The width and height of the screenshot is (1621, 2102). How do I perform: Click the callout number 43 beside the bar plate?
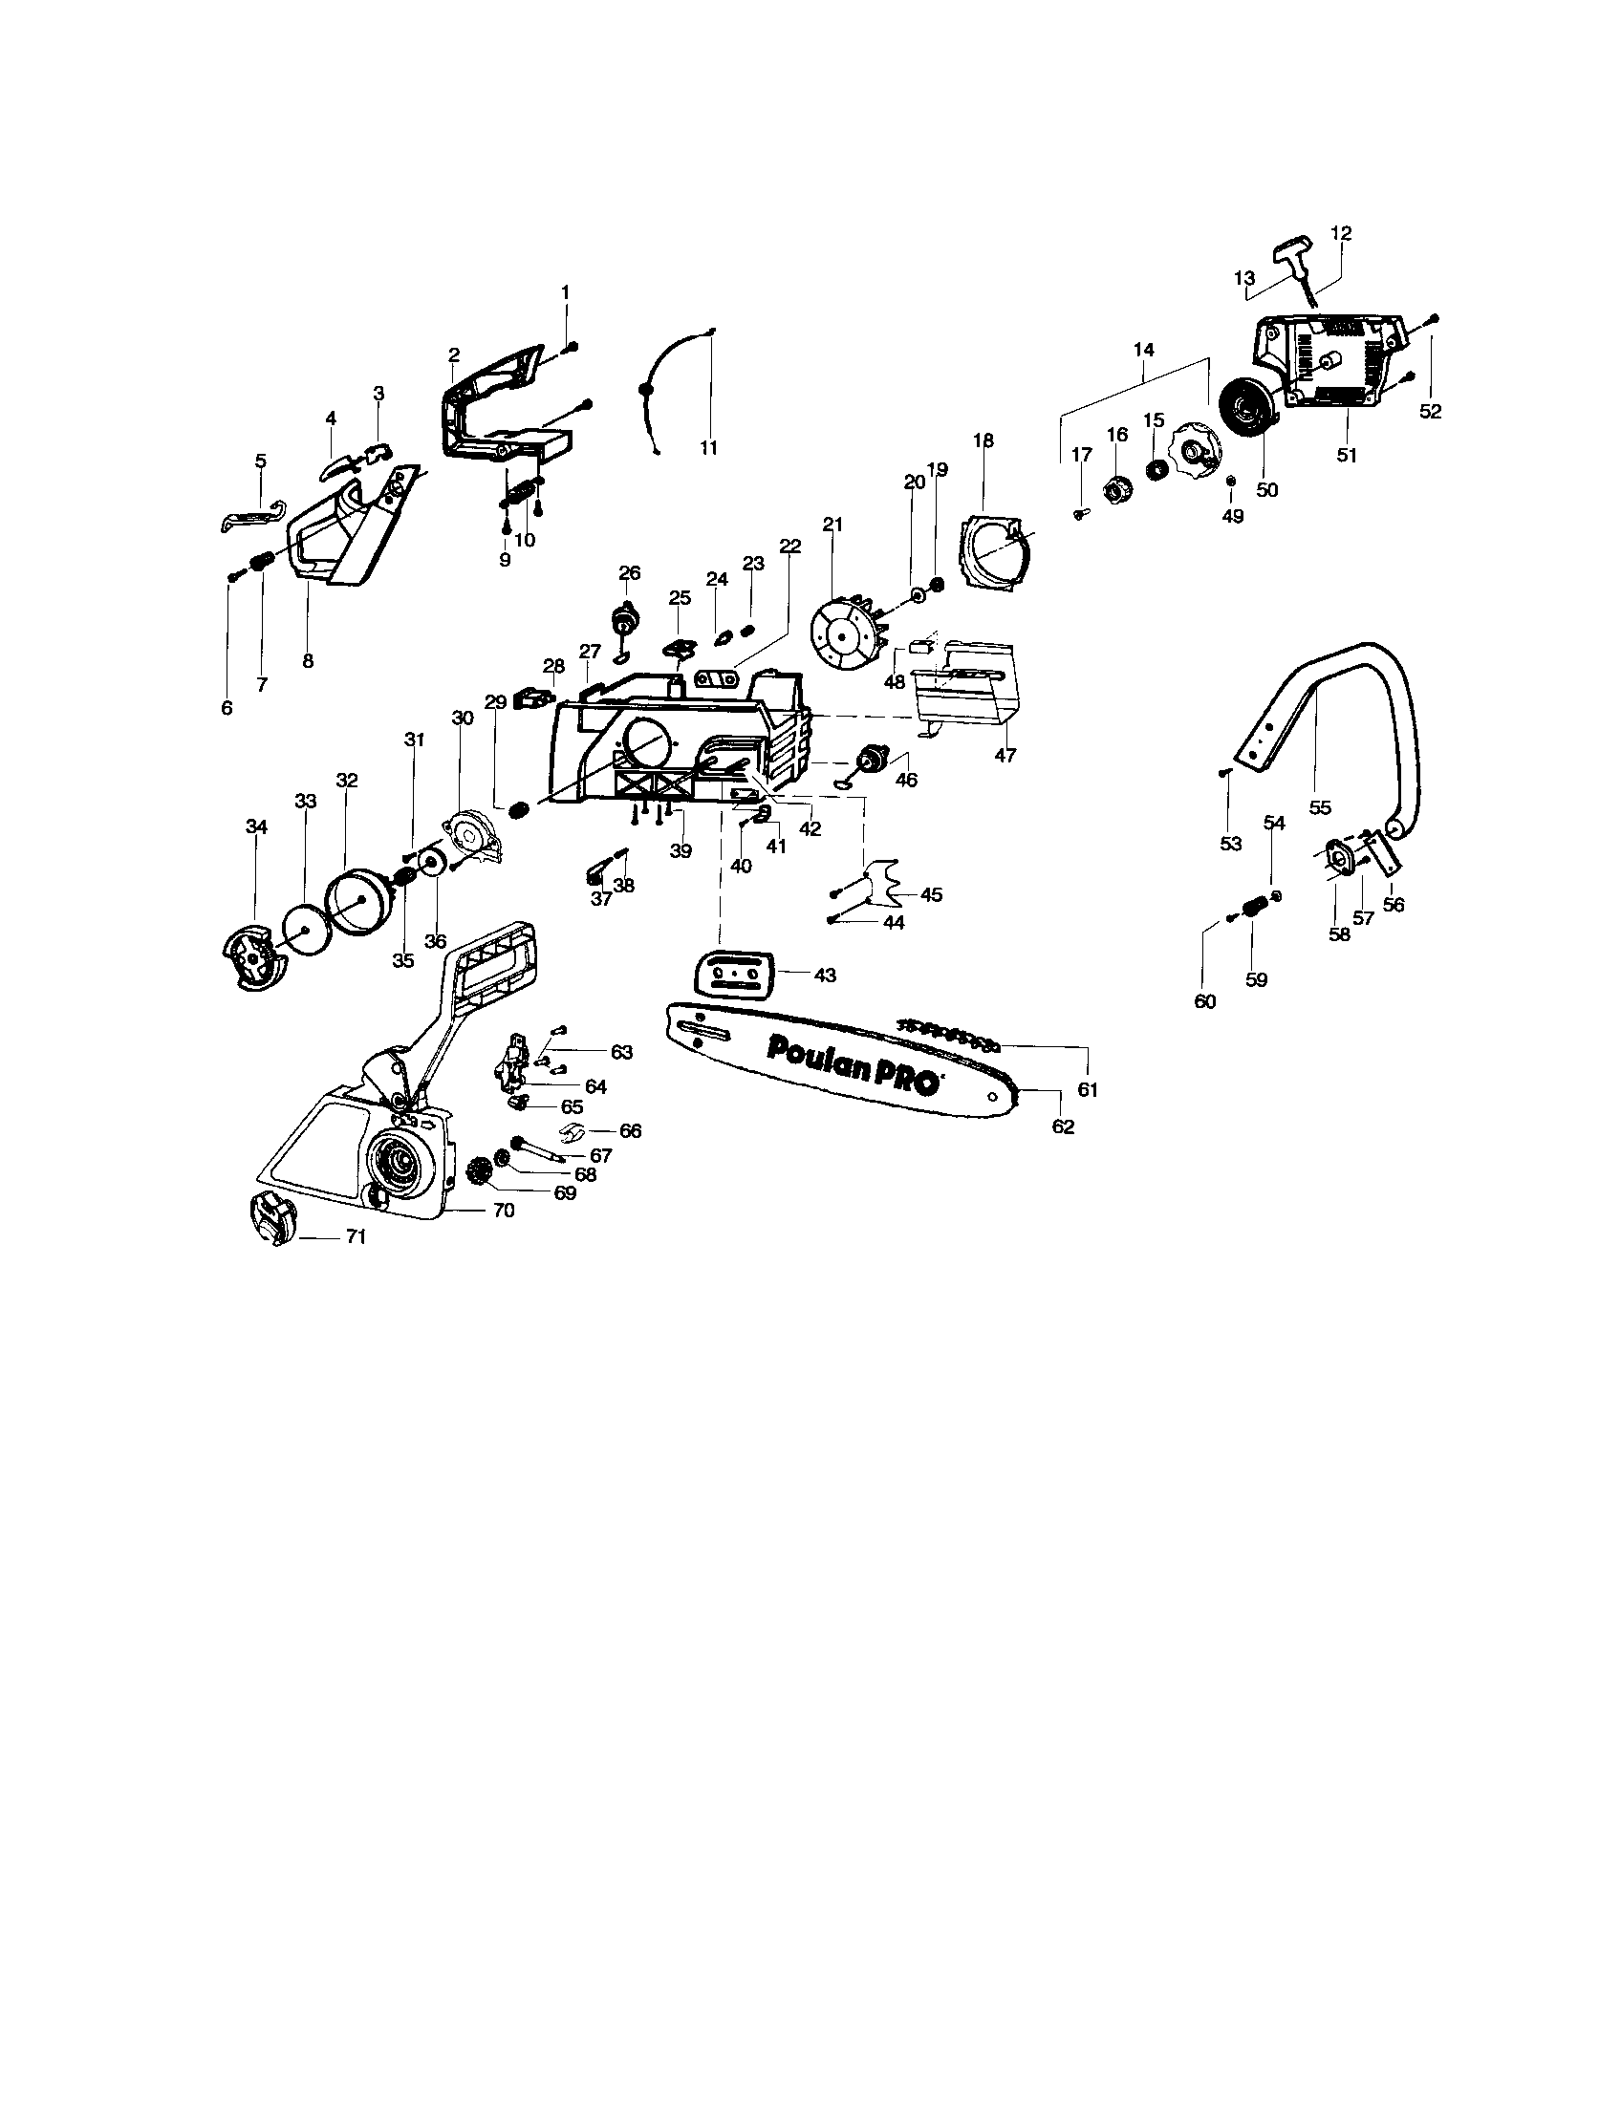click(x=825, y=975)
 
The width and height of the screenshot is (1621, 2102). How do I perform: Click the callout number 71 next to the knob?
click(x=357, y=1236)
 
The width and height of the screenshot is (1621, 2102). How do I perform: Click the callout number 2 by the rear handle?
click(x=453, y=355)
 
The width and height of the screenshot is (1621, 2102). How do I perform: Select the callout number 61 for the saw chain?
click(x=1088, y=1088)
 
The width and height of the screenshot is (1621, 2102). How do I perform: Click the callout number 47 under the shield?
click(x=1005, y=756)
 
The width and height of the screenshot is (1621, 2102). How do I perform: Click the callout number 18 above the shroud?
click(x=983, y=440)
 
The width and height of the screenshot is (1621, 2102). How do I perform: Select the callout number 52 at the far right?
click(x=1431, y=411)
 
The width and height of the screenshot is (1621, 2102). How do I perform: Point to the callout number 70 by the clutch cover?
click(x=504, y=1211)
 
